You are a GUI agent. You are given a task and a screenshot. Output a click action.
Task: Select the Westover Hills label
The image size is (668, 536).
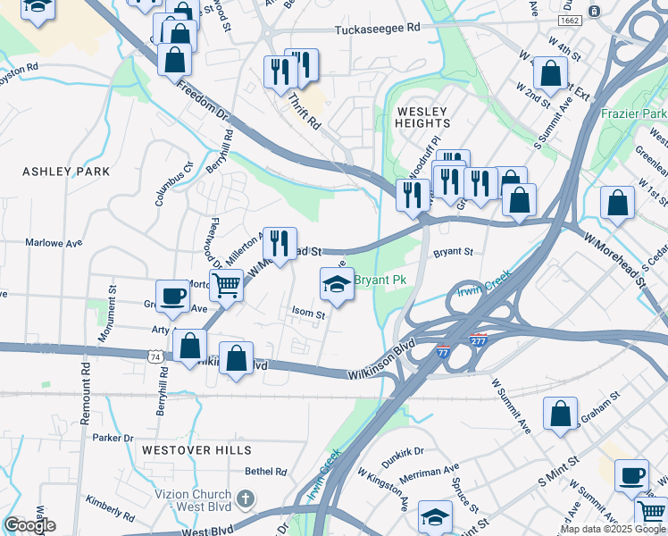click(x=196, y=450)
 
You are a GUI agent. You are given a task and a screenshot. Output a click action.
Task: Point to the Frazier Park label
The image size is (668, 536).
click(x=634, y=114)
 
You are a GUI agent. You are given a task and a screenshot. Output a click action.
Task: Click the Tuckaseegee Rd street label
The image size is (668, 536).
click(x=377, y=29)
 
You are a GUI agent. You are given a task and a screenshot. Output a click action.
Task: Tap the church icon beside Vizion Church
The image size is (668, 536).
click(x=246, y=498)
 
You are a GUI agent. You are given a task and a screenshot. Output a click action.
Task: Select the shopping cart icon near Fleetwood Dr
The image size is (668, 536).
click(x=227, y=286)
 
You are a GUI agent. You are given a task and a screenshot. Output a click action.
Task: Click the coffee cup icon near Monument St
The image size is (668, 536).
click(x=172, y=296)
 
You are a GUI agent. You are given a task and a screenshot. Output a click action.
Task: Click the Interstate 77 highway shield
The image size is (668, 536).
click(x=444, y=352)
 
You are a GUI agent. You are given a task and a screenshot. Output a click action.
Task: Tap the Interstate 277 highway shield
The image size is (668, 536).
click(x=479, y=339)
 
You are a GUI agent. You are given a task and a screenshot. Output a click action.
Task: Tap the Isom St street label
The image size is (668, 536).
click(x=308, y=313)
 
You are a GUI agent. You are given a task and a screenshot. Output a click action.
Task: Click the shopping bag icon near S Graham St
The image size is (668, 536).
click(x=560, y=415)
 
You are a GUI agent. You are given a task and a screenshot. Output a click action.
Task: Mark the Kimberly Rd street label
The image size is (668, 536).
click(x=111, y=509)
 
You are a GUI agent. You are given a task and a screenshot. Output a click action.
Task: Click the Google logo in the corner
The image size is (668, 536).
click(x=29, y=525)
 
